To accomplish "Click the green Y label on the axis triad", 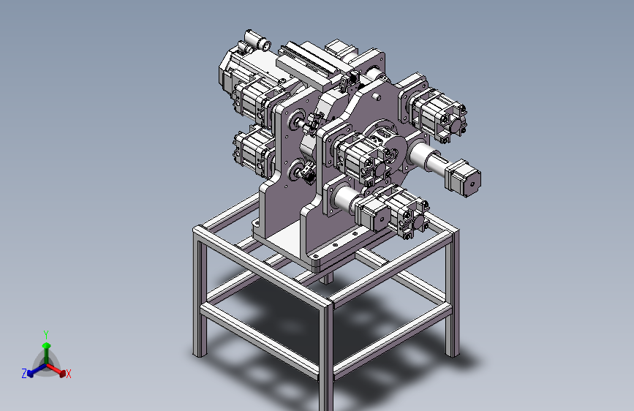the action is click(x=46, y=335).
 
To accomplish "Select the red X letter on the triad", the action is click(x=68, y=374).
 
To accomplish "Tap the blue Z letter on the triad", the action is click(x=24, y=374).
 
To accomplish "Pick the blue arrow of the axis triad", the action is click(x=37, y=370).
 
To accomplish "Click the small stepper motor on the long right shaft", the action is click(x=463, y=178).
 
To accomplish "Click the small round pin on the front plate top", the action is click(x=376, y=97).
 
